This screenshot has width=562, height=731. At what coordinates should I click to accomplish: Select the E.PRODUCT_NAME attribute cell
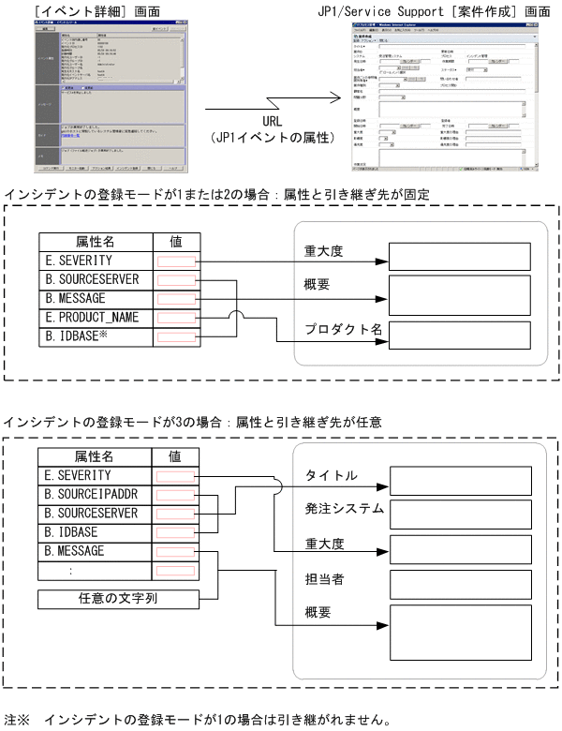coord(91,317)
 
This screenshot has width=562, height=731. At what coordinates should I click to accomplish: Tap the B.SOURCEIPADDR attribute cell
coord(91,495)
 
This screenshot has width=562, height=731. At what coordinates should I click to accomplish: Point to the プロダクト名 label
coord(342,329)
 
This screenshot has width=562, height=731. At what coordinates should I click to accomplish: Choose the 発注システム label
coord(345,509)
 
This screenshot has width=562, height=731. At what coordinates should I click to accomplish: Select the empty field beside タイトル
coord(459,480)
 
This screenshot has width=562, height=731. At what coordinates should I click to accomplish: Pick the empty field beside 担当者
coord(459,584)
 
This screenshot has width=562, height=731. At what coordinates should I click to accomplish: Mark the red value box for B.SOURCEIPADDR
coord(176,495)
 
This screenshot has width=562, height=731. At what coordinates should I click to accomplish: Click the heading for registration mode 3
coord(194,423)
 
